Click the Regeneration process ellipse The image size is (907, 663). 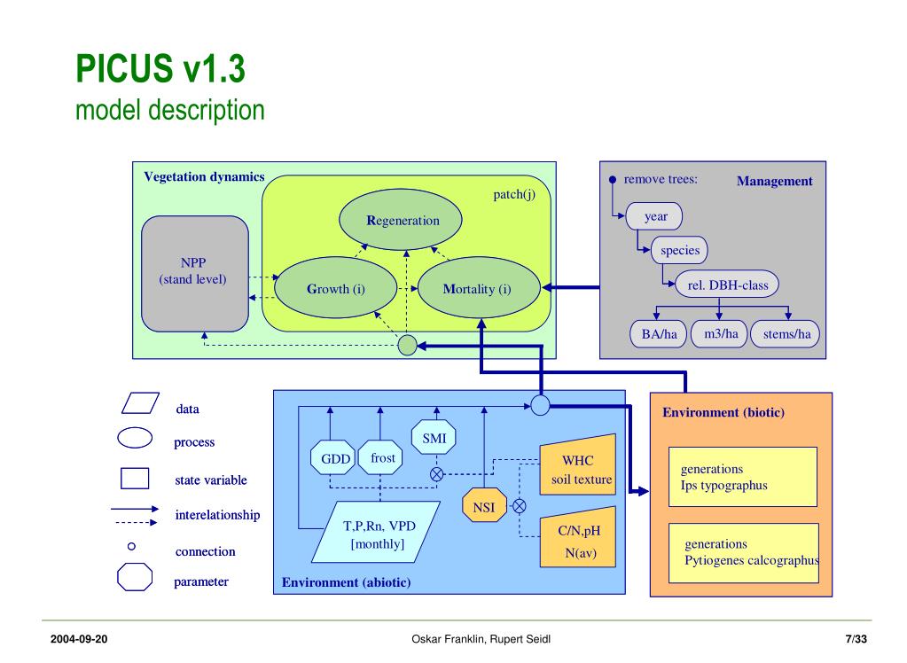click(x=400, y=220)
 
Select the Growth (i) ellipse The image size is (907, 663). click(x=335, y=287)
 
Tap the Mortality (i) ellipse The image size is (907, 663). click(x=479, y=287)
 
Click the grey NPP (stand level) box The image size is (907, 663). click(x=195, y=274)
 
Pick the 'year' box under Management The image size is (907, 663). click(x=654, y=216)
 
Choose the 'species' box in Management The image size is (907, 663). click(x=680, y=250)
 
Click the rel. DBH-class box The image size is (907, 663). click(x=727, y=284)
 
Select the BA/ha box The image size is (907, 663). click(x=658, y=334)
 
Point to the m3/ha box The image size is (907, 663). click(x=719, y=334)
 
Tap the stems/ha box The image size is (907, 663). click(x=785, y=334)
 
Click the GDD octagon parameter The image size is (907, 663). click(x=332, y=458)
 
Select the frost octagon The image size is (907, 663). click(x=380, y=457)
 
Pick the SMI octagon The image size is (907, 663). click(x=434, y=437)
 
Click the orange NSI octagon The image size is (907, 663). click(x=485, y=505)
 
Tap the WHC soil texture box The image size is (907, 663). click(x=578, y=464)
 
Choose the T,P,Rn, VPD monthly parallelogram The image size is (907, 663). click(x=376, y=532)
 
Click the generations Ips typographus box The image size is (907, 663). click(x=743, y=477)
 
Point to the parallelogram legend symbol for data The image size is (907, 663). click(x=140, y=403)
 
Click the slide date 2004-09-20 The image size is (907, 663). click(x=79, y=639)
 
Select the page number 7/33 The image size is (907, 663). click(x=856, y=639)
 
